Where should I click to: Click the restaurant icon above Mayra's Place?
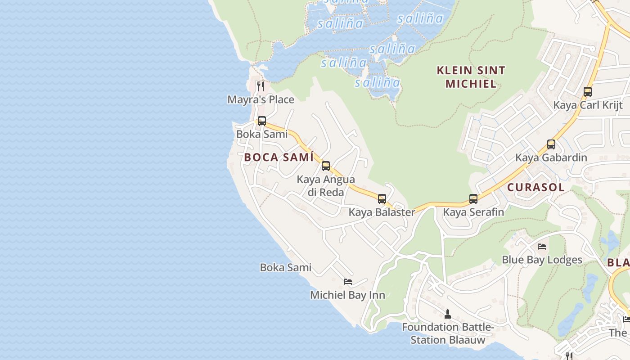pos(261,86)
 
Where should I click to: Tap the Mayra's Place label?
pos(261,99)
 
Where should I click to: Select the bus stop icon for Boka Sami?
pos(262,121)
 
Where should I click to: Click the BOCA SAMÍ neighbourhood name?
pos(279,157)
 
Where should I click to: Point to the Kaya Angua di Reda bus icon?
pos(326,166)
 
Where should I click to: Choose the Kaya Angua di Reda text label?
pos(326,186)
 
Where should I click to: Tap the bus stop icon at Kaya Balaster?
pos(382,199)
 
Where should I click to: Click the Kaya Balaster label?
pos(382,212)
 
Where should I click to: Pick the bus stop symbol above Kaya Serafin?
pos(473,199)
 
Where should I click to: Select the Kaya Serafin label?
pos(473,212)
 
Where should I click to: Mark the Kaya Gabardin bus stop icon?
pos(551,144)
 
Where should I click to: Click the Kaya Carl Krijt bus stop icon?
pos(588,92)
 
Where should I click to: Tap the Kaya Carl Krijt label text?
pos(588,105)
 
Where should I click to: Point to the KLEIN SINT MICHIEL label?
pos(471,77)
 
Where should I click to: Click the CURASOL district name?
pos(535,188)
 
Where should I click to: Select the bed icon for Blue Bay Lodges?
pos(542,247)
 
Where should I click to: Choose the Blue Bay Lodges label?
pos(542,260)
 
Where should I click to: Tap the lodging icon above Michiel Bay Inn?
pos(348,282)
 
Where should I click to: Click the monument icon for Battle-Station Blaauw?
pos(448,314)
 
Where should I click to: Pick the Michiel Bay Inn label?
pos(347,295)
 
